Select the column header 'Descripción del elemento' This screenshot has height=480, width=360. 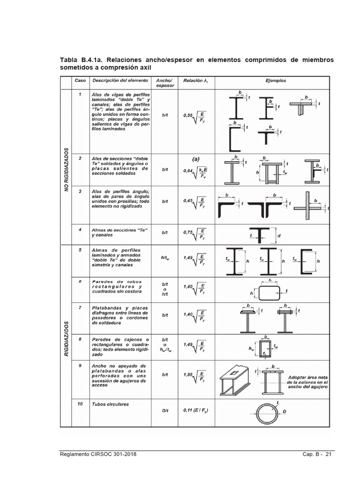(x=120, y=81)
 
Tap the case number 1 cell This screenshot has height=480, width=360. (x=81, y=95)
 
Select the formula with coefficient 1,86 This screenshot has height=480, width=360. (x=194, y=375)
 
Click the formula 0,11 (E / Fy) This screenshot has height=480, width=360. (x=194, y=411)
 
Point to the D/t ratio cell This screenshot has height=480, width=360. (x=165, y=411)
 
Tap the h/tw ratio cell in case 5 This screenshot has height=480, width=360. (x=165, y=257)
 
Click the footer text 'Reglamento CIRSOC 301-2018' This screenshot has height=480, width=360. (x=99, y=455)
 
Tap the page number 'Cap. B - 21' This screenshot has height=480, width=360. (x=317, y=455)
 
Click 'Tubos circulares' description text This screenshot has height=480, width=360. (x=110, y=404)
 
